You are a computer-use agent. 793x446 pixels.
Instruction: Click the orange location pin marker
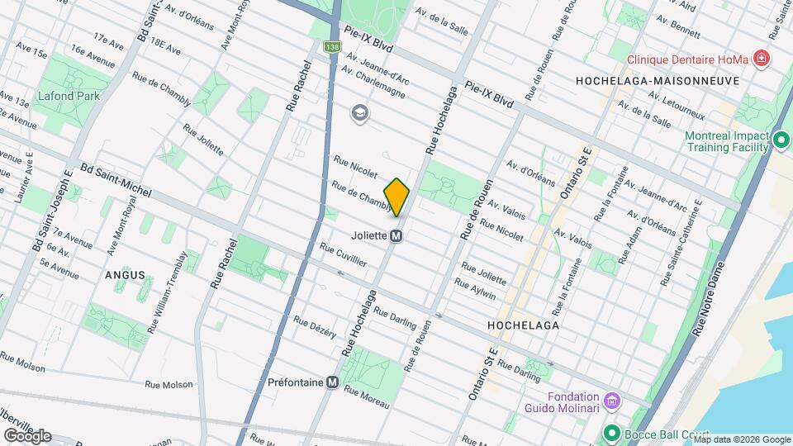pyautogui.click(x=397, y=197)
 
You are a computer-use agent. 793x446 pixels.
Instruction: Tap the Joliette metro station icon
pyautogui.click(x=396, y=235)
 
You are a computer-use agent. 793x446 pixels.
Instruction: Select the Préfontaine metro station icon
pyautogui.click(x=332, y=382)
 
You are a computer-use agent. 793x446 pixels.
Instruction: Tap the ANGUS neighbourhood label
pyautogui.click(x=125, y=275)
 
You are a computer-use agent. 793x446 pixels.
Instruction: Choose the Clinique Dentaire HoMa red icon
pyautogui.click(x=761, y=59)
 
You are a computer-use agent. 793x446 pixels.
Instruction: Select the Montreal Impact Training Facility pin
pyautogui.click(x=781, y=142)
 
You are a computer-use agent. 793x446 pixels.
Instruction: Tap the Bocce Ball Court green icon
pyautogui.click(x=612, y=433)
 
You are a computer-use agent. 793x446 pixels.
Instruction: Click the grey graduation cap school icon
pyautogui.click(x=359, y=112)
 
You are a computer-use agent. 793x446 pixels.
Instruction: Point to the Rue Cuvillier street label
pyautogui.click(x=344, y=254)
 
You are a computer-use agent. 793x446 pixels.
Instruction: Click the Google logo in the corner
pyautogui.click(x=27, y=435)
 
